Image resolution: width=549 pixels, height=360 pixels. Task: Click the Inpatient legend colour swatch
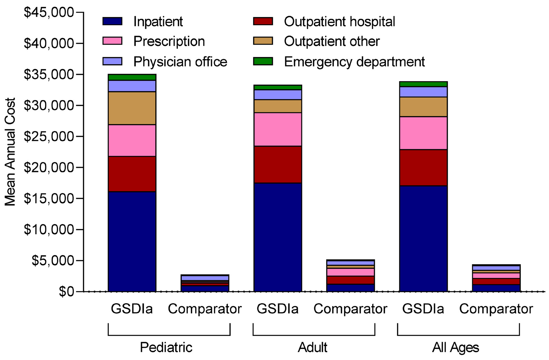[112, 22]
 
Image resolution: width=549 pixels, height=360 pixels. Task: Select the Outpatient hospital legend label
[339, 22]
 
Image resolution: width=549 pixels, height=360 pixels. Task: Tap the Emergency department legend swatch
[263, 61]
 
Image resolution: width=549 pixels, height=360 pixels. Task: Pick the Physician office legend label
[180, 62]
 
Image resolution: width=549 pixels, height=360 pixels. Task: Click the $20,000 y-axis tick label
[49, 167]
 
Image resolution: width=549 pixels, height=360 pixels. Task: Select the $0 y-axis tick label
[66, 292]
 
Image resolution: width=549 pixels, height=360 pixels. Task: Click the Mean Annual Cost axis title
[10, 152]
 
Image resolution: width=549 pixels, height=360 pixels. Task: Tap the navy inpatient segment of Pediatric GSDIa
[132, 241]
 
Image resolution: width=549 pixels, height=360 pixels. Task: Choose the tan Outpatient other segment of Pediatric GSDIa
[132, 108]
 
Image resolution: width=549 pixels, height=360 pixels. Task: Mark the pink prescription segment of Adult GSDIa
[277, 129]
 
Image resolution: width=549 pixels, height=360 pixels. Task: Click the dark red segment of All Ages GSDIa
[423, 167]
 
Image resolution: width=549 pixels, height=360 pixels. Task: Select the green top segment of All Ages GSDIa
[423, 84]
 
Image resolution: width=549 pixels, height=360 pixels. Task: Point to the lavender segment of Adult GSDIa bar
[277, 94]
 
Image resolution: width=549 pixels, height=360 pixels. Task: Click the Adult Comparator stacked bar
[350, 276]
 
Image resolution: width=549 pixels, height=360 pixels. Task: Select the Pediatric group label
[166, 347]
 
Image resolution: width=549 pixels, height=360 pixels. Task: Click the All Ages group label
[455, 347]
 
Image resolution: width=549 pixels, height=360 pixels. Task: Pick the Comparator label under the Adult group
[350, 309]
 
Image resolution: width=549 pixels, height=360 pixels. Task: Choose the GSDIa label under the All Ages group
[423, 309]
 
